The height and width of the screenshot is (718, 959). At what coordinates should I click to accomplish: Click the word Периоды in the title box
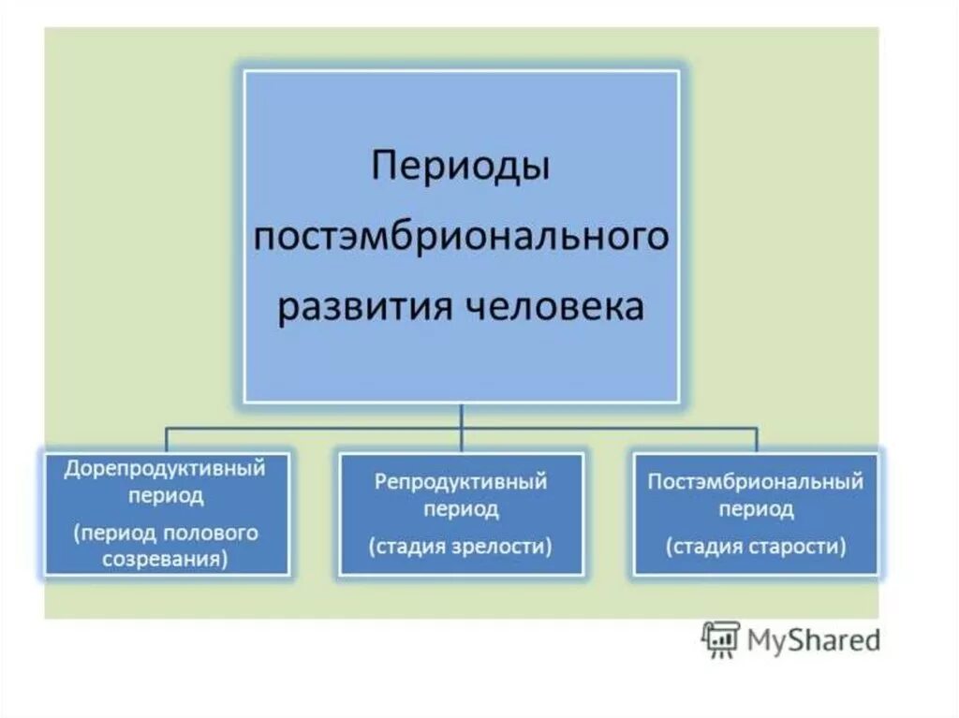click(461, 169)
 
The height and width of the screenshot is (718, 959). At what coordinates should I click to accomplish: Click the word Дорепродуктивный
click(165, 468)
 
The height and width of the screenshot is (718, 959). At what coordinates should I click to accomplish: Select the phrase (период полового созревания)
click(165, 546)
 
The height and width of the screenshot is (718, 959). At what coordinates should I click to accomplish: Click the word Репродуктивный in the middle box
click(461, 483)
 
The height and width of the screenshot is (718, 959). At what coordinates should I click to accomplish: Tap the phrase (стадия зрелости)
click(461, 545)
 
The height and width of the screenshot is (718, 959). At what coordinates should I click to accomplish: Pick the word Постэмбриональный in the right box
click(756, 483)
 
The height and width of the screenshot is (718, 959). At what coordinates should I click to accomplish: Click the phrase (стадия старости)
click(756, 545)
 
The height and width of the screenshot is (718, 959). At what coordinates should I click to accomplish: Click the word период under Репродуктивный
click(461, 510)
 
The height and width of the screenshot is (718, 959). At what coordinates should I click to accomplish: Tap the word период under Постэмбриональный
click(756, 510)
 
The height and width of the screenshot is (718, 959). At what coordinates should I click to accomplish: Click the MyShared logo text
click(814, 640)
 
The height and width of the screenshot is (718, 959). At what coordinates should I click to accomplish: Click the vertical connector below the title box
click(461, 416)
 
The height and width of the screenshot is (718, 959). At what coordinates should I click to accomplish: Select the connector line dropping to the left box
click(167, 438)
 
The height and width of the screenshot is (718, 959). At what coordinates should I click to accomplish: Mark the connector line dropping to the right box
click(756, 438)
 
